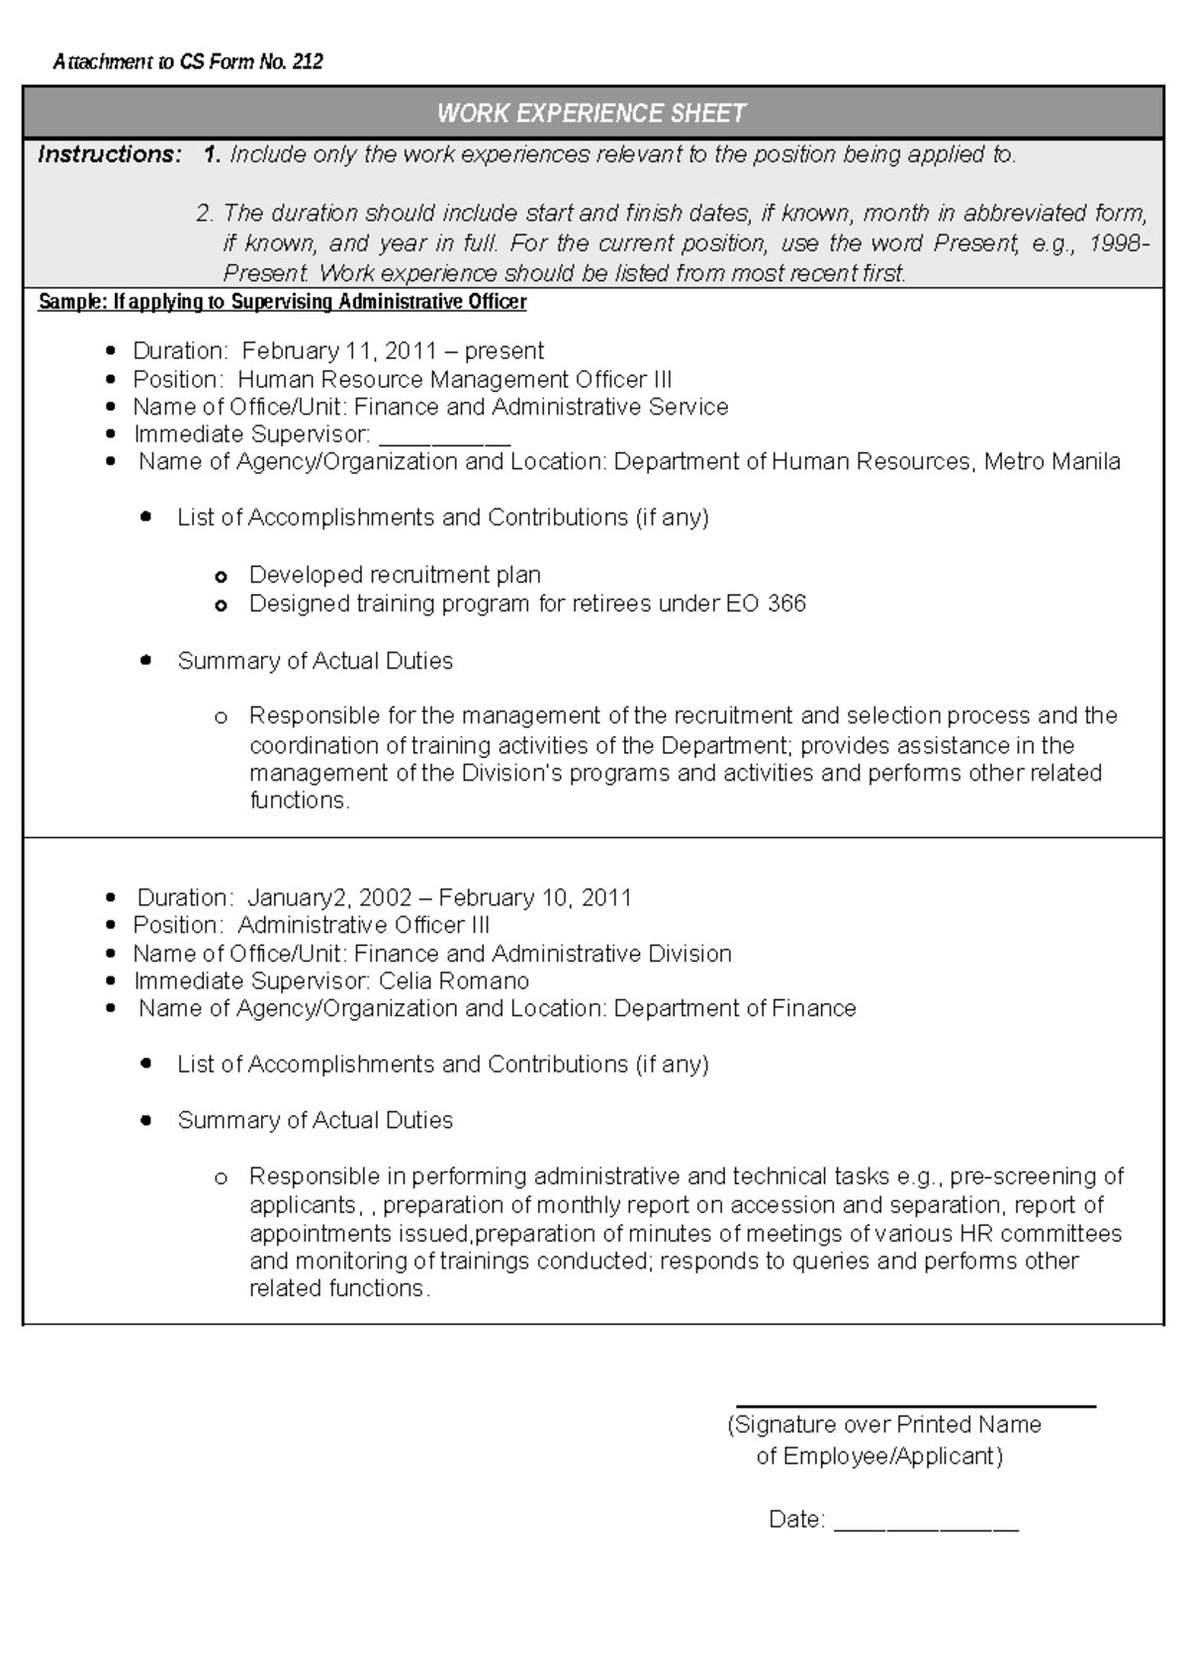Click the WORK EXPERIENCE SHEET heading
point(592,113)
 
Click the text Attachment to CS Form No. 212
point(188,62)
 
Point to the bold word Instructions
point(109,154)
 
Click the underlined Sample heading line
point(282,302)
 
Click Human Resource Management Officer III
point(454,379)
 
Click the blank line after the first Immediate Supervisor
point(444,436)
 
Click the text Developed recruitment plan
point(395,575)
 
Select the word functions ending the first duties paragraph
point(299,800)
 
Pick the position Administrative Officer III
point(363,925)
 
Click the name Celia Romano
point(454,980)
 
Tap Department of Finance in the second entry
point(734,1008)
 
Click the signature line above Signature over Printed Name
point(915,1406)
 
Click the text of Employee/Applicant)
point(879,1456)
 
